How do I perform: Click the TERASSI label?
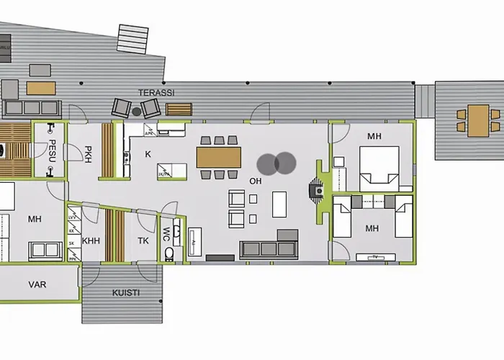pos(156,93)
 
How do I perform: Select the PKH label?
pos(87,154)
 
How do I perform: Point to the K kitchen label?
pos(148,154)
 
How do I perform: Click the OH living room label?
pos(255,181)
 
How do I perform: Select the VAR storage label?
pos(37,285)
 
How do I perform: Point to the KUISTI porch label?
pos(126,293)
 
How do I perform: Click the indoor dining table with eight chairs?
pos(218,157)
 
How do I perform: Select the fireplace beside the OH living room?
pos(315,189)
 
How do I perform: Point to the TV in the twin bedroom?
pos(376,256)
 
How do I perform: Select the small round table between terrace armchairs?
pos(137,112)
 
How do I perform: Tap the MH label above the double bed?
pos(374,136)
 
